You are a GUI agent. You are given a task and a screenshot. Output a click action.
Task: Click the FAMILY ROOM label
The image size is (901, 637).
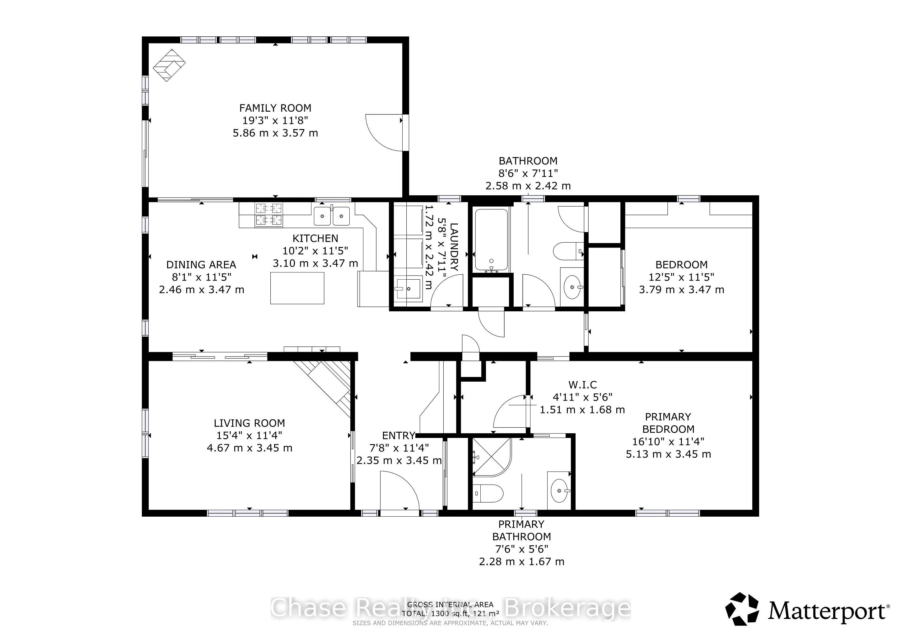[275, 108]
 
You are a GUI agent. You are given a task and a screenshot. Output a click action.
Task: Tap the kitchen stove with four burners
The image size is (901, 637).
[269, 215]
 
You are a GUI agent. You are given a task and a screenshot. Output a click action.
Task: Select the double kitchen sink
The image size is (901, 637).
[332, 216]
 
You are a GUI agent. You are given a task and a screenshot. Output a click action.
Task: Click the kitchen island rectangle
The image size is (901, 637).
[297, 288]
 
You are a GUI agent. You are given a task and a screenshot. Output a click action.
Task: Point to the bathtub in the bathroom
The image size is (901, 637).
[491, 240]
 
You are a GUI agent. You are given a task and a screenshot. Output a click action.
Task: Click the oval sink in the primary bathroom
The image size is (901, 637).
[559, 490]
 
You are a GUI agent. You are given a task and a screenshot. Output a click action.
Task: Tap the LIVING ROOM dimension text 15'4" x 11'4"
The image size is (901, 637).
[249, 435]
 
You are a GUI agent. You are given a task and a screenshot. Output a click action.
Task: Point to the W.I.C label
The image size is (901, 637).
[582, 385]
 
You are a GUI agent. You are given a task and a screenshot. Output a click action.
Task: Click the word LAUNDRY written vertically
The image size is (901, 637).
[454, 247]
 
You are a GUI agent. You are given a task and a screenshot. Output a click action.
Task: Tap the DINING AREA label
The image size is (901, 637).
[201, 265]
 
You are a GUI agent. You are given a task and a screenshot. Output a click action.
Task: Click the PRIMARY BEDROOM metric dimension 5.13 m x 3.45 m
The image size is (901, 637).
[668, 454]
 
